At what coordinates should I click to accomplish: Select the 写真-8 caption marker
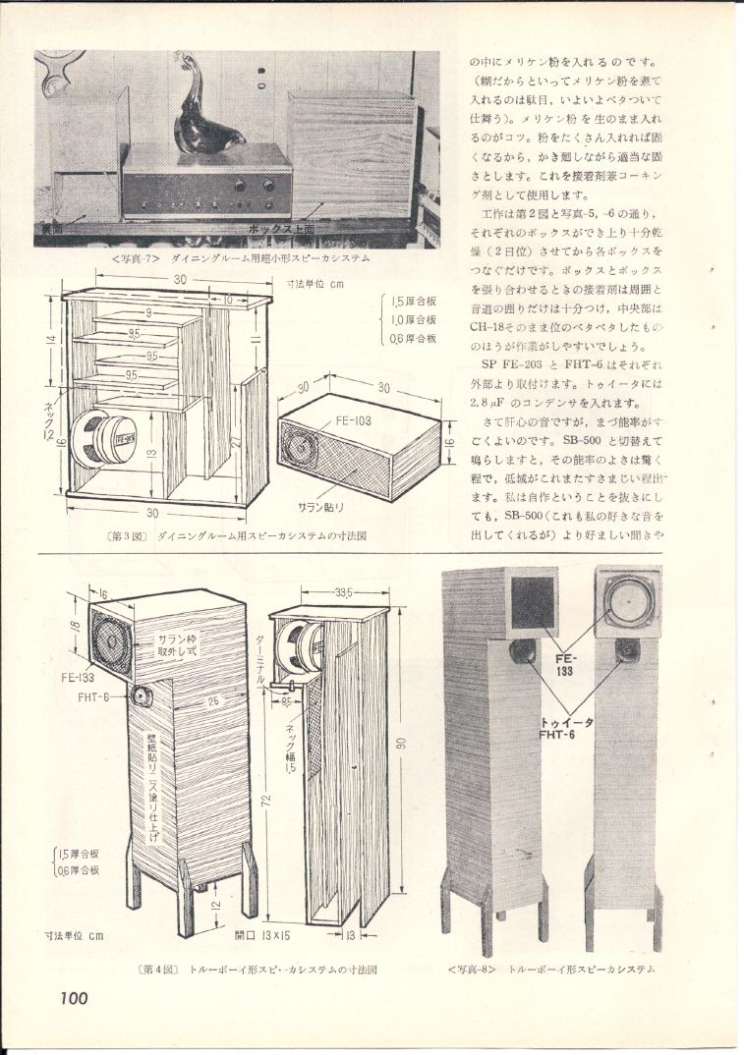(x=475, y=970)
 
